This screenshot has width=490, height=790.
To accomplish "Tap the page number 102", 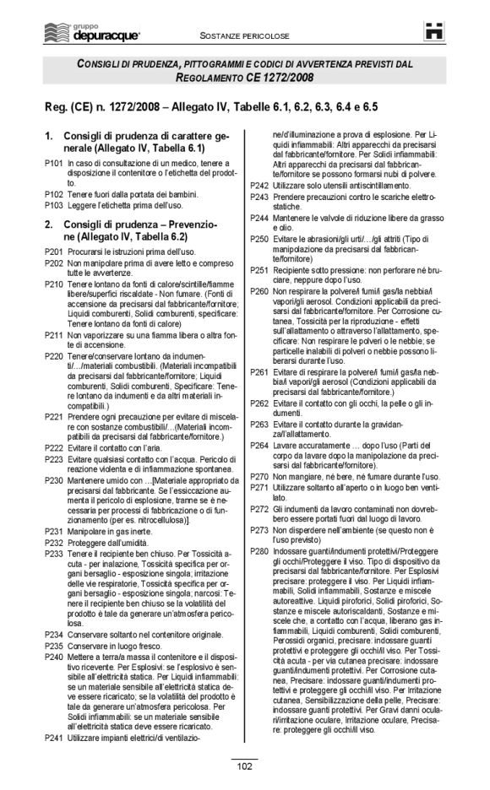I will click(244, 766).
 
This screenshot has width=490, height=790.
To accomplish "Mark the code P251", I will click(260, 270).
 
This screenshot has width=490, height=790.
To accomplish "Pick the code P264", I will click(260, 444).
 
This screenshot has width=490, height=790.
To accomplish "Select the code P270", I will click(260, 477).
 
